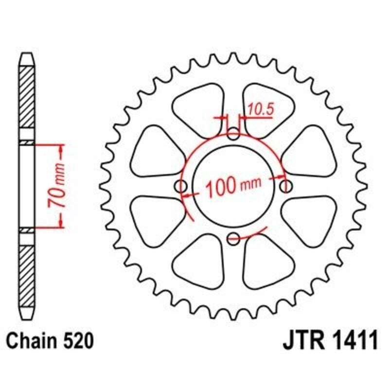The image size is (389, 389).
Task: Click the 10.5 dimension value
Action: point(261,110)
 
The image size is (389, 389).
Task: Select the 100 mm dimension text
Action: point(232,186)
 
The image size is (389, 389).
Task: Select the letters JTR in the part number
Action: point(302,341)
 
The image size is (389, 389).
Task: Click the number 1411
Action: point(351,341)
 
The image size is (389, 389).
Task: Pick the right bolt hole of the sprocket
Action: point(286,186)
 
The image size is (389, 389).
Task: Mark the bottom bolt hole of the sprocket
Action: point(234,238)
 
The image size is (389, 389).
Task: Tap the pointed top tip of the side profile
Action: point(27,55)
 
